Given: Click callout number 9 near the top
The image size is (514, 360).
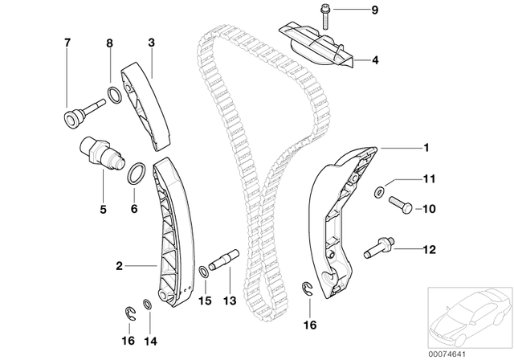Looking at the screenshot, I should point(373,10).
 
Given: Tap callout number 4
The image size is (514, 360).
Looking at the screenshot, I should point(373,59).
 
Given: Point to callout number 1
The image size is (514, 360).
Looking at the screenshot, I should point(426,147).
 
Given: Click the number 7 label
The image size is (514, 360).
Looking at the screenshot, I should point(67,41).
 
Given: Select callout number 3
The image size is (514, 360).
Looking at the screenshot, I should point(151,41).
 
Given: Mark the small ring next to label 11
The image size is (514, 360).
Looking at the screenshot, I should point(378,191).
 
